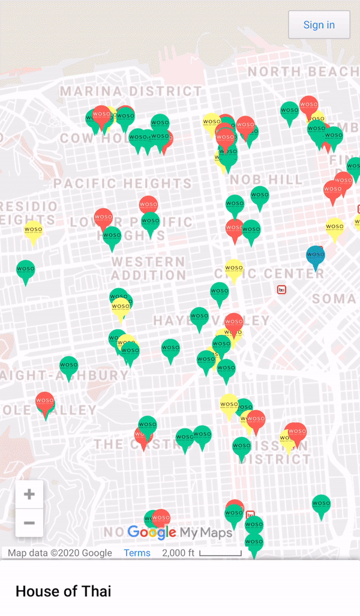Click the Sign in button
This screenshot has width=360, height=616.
pyautogui.click(x=319, y=25)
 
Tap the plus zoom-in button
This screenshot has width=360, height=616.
pyautogui.click(x=29, y=495)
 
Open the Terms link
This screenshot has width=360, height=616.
pyautogui.click(x=137, y=553)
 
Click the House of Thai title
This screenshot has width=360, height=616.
pyautogui.click(x=63, y=591)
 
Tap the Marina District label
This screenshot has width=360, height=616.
pyautogui.click(x=131, y=91)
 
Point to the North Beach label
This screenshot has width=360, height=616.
pyautogui.click(x=303, y=71)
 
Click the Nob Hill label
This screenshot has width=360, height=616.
pyautogui.click(x=266, y=180)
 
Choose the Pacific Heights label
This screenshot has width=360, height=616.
pyautogui.click(x=122, y=183)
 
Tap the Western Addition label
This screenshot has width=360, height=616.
pyautogui.click(x=148, y=268)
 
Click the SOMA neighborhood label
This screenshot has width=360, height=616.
pyautogui.click(x=334, y=298)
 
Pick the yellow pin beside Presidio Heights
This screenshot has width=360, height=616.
pyautogui.click(x=33, y=231)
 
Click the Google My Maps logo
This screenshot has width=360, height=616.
pyautogui.click(x=179, y=532)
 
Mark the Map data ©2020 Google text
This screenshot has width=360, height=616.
pyautogui.click(x=60, y=553)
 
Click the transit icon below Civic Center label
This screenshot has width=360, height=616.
pyautogui.click(x=281, y=289)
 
